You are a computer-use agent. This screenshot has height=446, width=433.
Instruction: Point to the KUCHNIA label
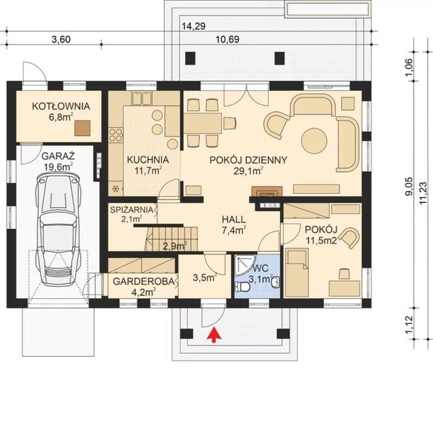pyautogui.click(x=147, y=160)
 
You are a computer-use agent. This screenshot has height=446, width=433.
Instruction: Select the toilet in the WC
pyautogui.click(x=243, y=286)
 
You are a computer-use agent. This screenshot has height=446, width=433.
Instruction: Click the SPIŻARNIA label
pyautogui.click(x=131, y=210)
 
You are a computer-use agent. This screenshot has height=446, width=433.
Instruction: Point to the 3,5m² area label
pyautogui.click(x=204, y=278)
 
